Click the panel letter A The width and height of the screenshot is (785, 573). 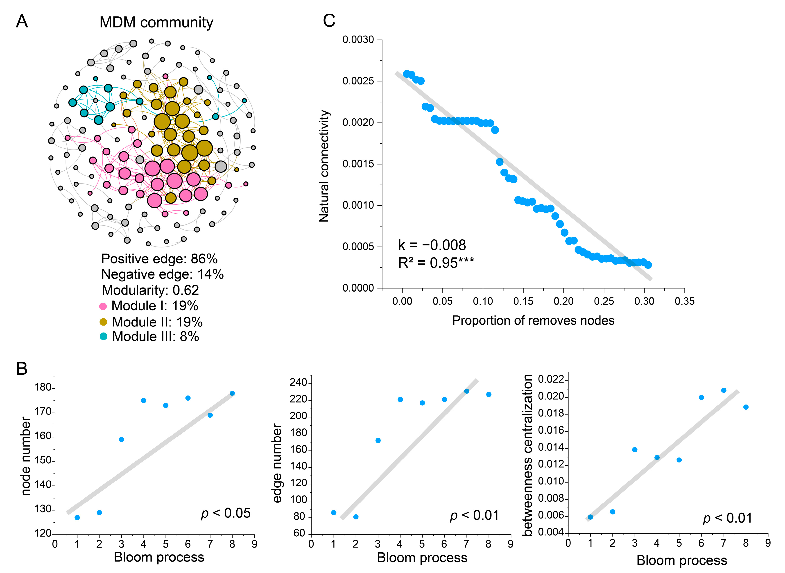tap(22, 22)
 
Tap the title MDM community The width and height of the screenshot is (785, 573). tap(156, 23)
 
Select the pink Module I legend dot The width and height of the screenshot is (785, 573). tap(103, 306)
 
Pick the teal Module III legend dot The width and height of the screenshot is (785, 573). tap(103, 336)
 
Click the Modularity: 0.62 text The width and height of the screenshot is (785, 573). tap(150, 290)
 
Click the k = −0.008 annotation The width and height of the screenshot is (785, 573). tap(432, 245)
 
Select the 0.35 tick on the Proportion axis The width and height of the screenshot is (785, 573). tap(684, 301)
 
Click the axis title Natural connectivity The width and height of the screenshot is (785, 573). tap(324, 166)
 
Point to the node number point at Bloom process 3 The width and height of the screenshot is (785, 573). tap(121, 439)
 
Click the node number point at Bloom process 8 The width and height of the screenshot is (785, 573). tap(232, 393)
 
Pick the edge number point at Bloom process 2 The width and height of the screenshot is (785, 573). tap(356, 517)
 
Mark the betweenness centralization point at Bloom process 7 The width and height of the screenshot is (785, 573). tap(724, 390)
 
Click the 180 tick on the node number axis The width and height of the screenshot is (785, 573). tap(43, 387)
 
